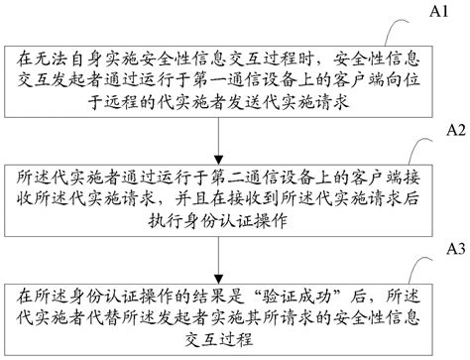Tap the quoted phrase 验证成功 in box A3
point(238,295)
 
